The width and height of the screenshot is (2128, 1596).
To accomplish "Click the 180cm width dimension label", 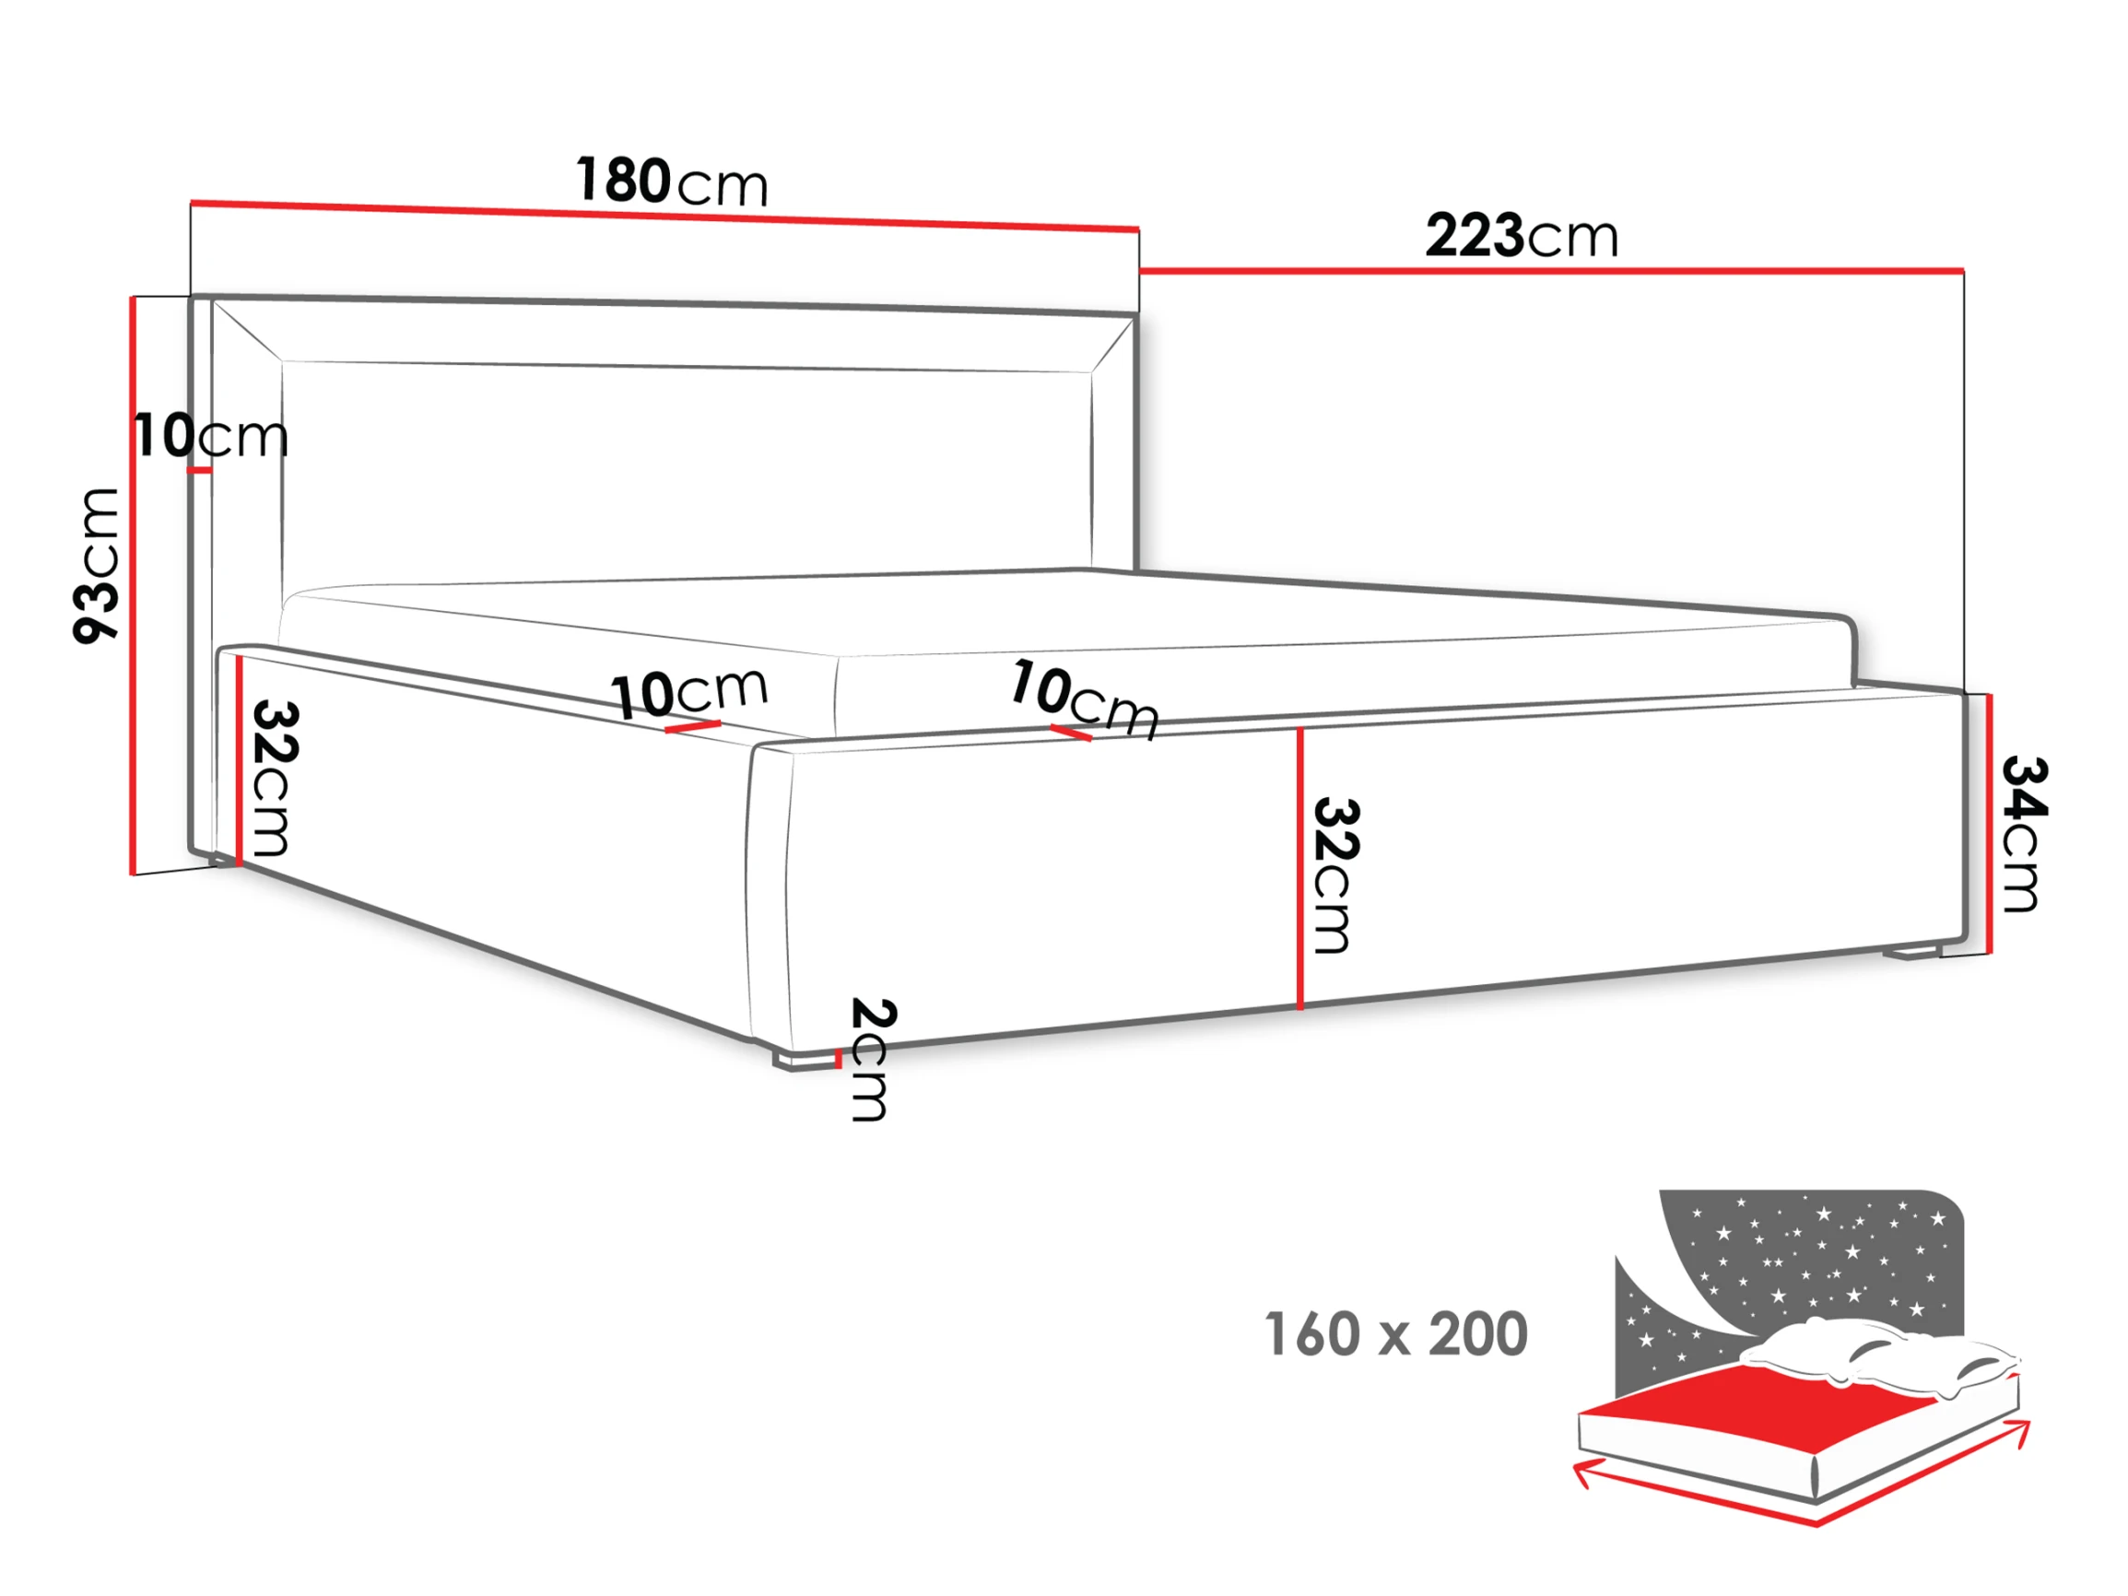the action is (672, 181).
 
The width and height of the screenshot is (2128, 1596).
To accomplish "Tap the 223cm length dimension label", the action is (1521, 236).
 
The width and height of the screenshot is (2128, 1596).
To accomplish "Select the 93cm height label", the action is (96, 566).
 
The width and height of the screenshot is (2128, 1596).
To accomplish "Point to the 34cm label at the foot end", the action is (2024, 833).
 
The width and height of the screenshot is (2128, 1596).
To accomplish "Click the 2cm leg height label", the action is (874, 1059).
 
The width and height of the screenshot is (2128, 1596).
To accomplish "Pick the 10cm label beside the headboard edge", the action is (211, 436).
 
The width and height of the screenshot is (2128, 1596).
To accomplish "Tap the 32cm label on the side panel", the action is (1336, 874).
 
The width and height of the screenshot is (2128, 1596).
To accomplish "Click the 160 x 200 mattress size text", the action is (1396, 1334).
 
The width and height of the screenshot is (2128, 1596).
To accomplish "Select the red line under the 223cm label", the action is (1552, 271).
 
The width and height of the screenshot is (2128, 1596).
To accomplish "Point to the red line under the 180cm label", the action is (664, 217).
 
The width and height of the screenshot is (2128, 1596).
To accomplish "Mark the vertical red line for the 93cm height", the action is (133, 586).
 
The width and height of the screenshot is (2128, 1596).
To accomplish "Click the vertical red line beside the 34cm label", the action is (1989, 824).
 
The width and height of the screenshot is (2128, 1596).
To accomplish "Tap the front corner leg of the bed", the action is (803, 1059).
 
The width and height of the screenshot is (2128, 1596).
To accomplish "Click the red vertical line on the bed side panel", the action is (1299, 868).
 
